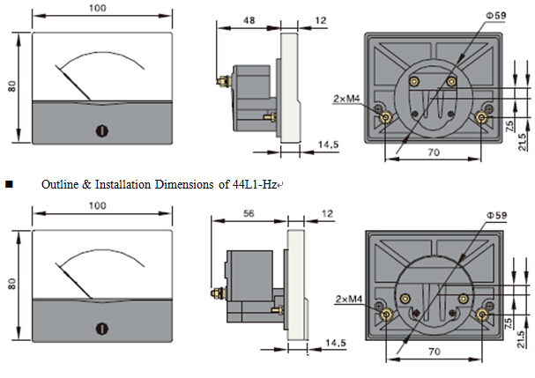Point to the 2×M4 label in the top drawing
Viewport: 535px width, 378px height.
(346, 99)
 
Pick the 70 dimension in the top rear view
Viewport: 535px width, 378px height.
(432, 152)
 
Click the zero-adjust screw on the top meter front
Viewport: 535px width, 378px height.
(100, 130)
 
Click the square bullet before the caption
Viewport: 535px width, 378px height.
(9, 186)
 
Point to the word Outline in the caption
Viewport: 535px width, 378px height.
(56, 186)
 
